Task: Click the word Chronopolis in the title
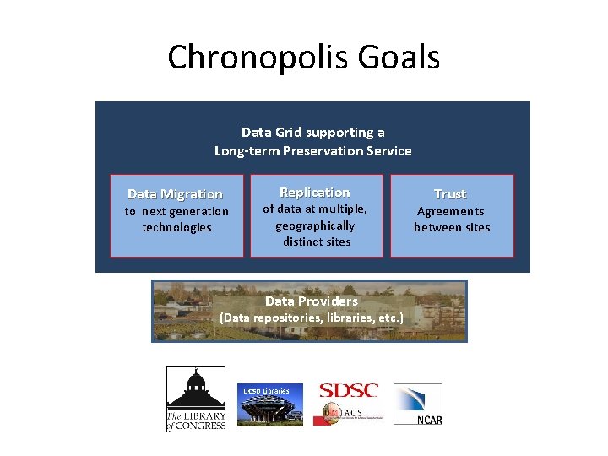pyautogui.click(x=252, y=58)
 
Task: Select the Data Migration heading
pyautogui.click(x=175, y=194)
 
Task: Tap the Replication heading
pyautogui.click(x=314, y=193)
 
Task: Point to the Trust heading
pyautogui.click(x=450, y=194)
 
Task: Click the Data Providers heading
pyautogui.click(x=312, y=301)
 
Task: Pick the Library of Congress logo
pyautogui.click(x=196, y=399)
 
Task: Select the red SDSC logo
pyautogui.click(x=348, y=391)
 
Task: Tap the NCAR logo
pyautogui.click(x=418, y=404)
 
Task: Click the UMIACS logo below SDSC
pyautogui.click(x=348, y=412)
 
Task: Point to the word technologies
pyautogui.click(x=176, y=227)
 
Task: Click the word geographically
pyautogui.click(x=315, y=225)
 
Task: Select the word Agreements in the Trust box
pyautogui.click(x=451, y=212)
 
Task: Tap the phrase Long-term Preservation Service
pyautogui.click(x=313, y=151)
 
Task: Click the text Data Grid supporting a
pyautogui.click(x=313, y=133)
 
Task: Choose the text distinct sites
pyautogui.click(x=317, y=242)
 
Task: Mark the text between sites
pyautogui.click(x=452, y=227)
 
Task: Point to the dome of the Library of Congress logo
pyautogui.click(x=196, y=381)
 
